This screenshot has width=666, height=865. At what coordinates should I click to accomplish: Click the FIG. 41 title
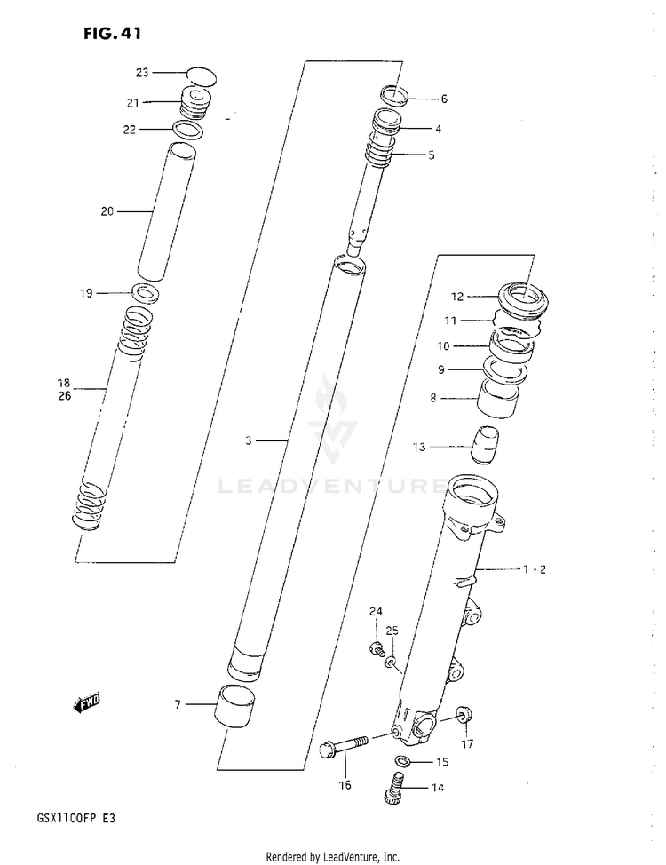112,34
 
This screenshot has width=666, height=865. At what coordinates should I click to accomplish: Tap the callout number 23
143,73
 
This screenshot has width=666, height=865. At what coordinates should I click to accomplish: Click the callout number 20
107,211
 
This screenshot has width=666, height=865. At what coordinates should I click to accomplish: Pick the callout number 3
250,440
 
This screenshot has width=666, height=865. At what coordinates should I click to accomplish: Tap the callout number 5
431,155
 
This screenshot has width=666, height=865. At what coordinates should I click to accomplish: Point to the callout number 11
450,320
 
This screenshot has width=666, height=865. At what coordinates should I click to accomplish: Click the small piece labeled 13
485,444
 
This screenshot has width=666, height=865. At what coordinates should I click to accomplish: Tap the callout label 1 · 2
534,569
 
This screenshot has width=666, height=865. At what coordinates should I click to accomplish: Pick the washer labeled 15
404,761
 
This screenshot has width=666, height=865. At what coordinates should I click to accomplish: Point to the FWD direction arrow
87,703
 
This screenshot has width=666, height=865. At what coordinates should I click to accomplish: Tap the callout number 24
376,612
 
